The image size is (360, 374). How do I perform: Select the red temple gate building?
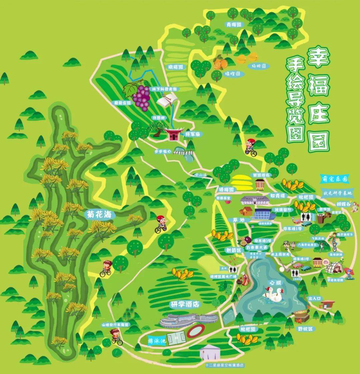[173, 134]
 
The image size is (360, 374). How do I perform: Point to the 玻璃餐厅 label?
[283, 210]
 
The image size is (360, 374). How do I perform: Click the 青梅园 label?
[234, 24]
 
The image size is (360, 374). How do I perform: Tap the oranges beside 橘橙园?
[220, 63]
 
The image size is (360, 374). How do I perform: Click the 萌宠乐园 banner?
[334, 179]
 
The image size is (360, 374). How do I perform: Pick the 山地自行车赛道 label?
[115, 324]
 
